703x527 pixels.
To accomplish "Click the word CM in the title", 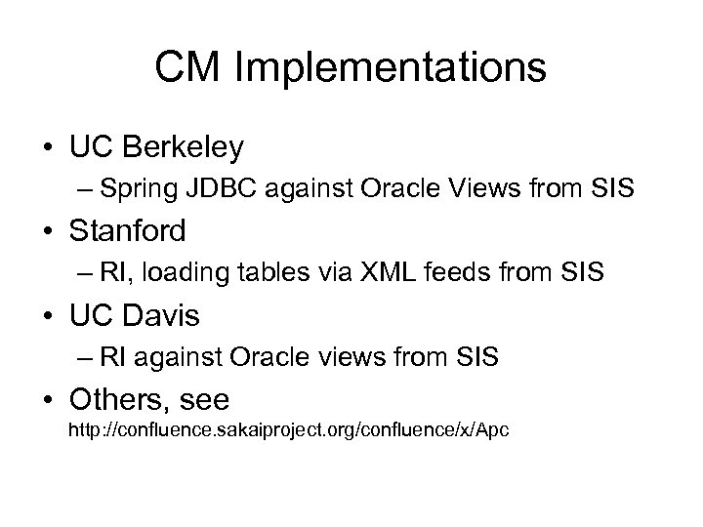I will pyautogui.click(x=186, y=67).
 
